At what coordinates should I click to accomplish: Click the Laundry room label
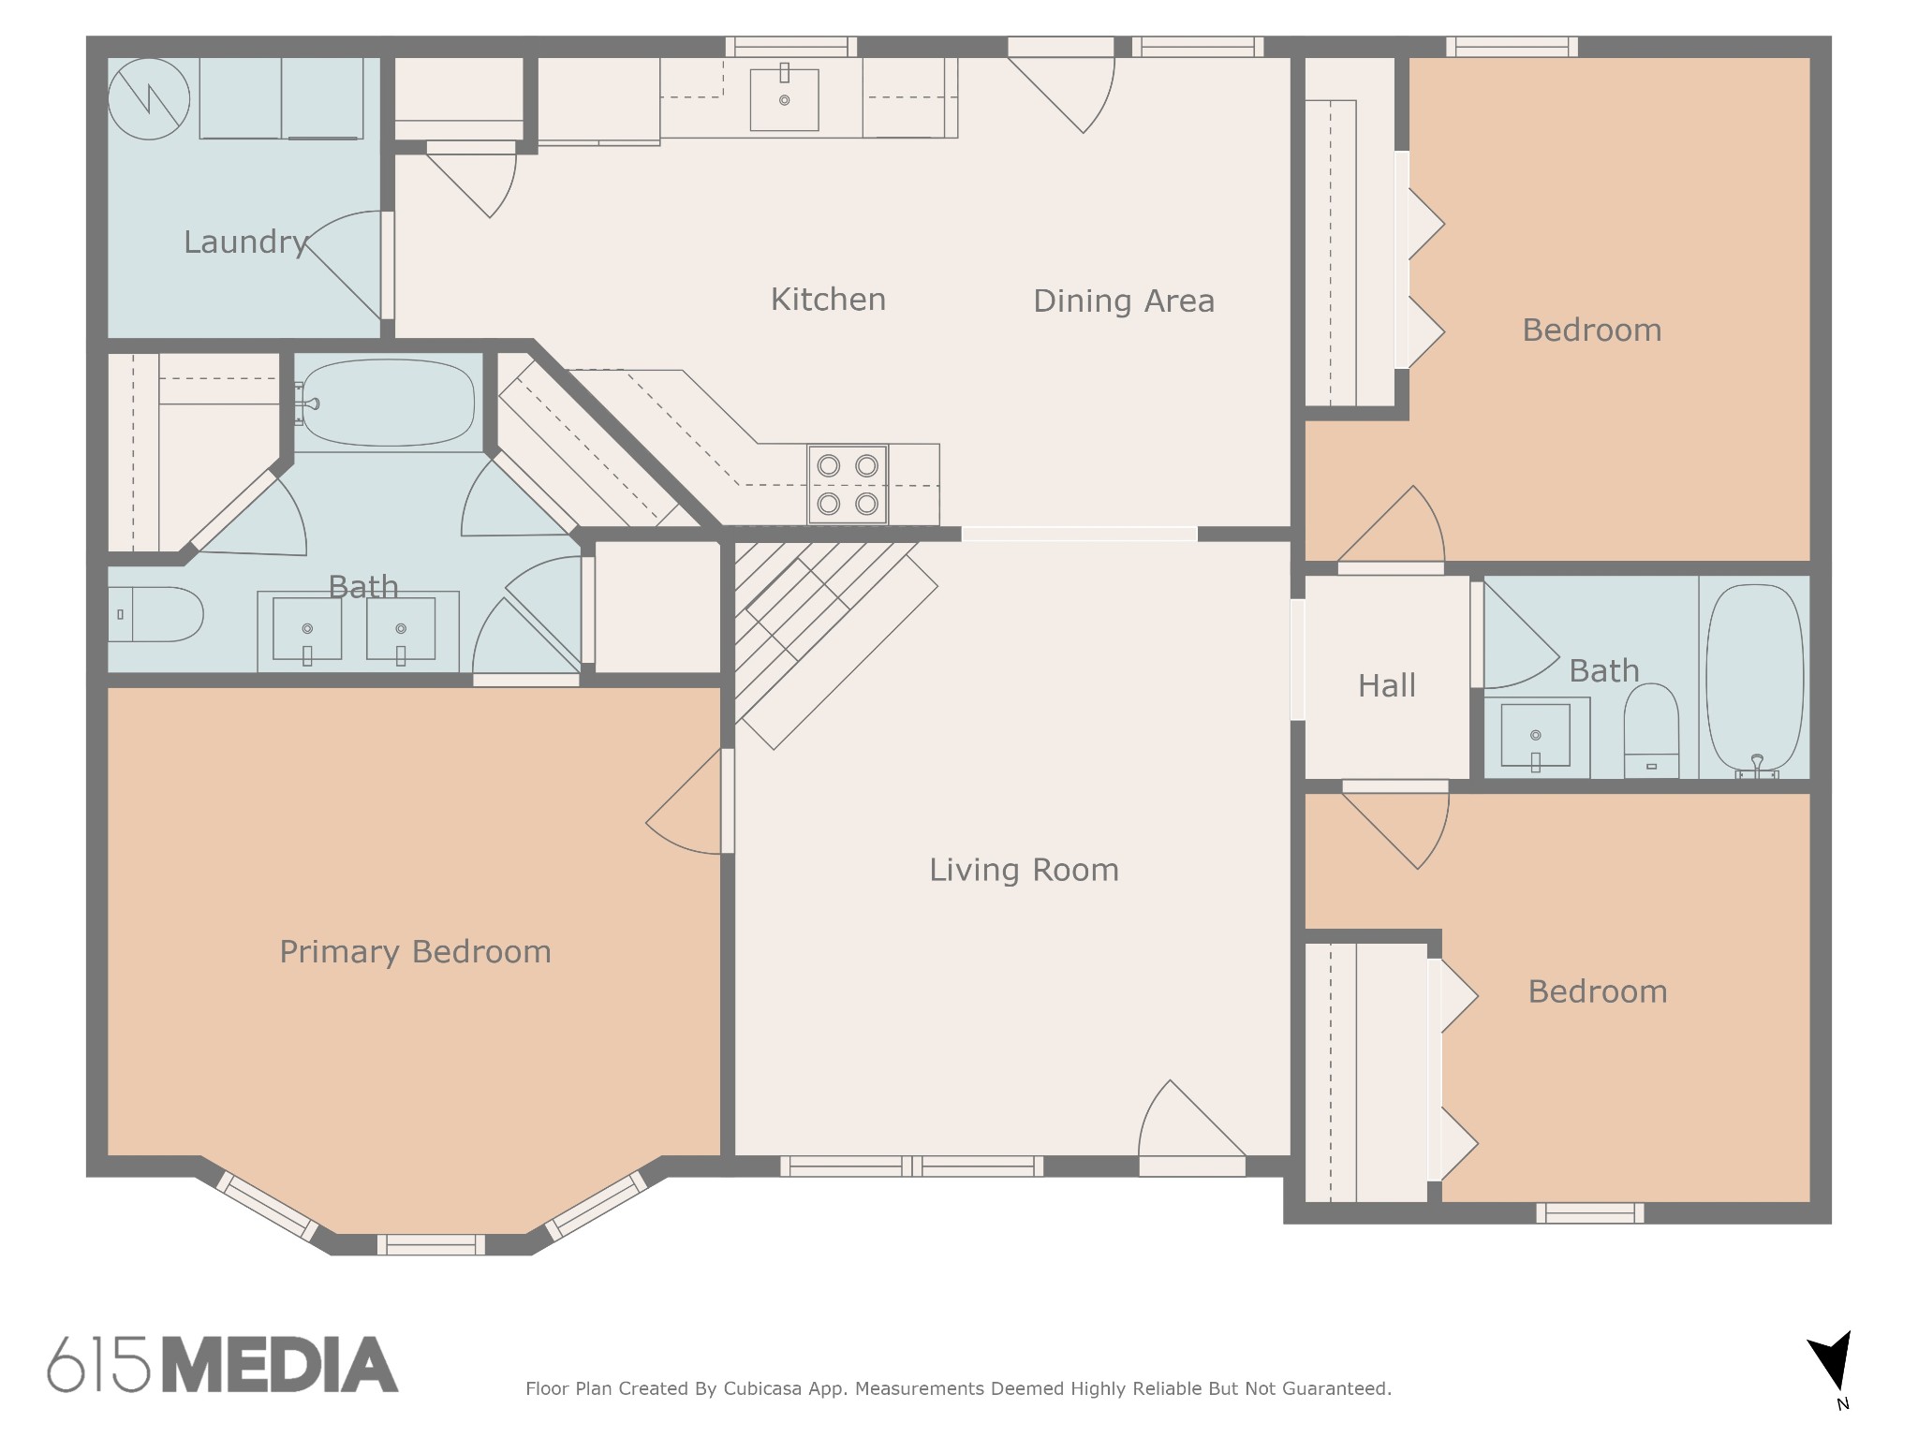[245, 242]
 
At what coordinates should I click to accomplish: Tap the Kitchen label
[828, 300]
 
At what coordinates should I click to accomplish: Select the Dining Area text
[1124, 301]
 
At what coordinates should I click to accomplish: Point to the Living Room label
[1024, 871]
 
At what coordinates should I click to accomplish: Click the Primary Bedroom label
[415, 952]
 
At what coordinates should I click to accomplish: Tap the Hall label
[1386, 686]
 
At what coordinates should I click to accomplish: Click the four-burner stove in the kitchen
[848, 484]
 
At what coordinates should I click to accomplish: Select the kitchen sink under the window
[784, 97]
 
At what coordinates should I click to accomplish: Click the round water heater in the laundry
[149, 98]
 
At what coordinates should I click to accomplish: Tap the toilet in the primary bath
[155, 614]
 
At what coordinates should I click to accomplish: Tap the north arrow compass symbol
[1831, 1372]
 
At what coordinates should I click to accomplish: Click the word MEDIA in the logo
[280, 1365]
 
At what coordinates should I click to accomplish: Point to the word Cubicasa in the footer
[761, 1388]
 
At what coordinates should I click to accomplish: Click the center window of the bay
[431, 1244]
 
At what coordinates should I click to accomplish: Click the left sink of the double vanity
[307, 629]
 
